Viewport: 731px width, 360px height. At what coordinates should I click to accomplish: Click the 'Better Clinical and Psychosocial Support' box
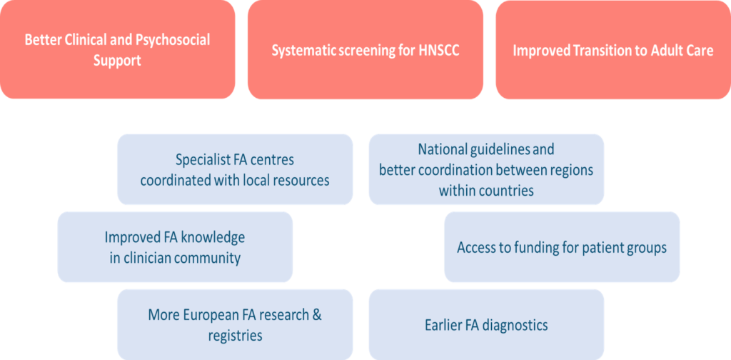coord(117,49)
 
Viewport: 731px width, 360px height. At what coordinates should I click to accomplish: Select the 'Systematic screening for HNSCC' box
coord(365,49)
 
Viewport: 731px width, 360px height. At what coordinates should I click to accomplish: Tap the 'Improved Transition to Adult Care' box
coord(612,49)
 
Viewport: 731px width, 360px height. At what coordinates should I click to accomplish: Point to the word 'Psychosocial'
coord(171,40)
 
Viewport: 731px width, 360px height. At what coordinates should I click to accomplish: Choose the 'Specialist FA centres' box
coord(235,169)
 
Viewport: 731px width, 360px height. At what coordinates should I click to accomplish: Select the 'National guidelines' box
coord(486,169)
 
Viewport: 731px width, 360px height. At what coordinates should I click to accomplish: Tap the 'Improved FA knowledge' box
coord(175,247)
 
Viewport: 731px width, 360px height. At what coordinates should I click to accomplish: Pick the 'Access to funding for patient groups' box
coord(562,247)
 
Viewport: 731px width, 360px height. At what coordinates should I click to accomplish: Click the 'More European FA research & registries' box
coord(235,324)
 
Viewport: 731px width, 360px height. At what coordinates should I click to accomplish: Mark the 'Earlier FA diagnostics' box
coord(486,325)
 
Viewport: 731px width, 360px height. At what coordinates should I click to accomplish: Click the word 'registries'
coord(235,335)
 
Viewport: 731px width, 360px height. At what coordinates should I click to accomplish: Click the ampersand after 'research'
coord(327,315)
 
